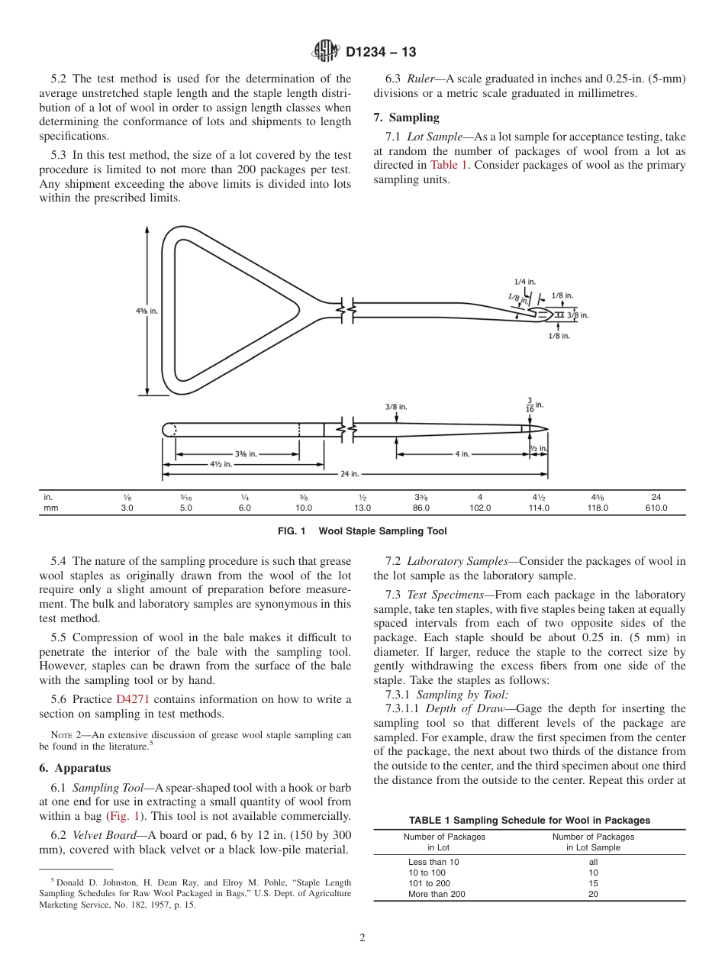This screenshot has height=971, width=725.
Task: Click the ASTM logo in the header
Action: pyautogui.click(x=327, y=53)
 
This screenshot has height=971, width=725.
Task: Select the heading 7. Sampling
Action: pyautogui.click(x=406, y=118)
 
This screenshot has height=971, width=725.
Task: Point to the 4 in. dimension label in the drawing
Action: pyautogui.click(x=462, y=453)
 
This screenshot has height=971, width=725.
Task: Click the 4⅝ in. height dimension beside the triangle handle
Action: pyautogui.click(x=147, y=311)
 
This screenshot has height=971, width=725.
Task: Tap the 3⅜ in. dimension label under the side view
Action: pyautogui.click(x=246, y=453)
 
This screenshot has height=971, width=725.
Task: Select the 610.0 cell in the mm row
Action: pyautogui.click(x=656, y=508)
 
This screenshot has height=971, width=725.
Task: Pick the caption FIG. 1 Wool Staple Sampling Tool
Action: pyautogui.click(x=362, y=531)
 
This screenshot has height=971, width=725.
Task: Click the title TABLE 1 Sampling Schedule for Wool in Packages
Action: pyautogui.click(x=529, y=821)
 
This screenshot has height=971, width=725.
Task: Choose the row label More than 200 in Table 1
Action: pyautogui.click(x=437, y=894)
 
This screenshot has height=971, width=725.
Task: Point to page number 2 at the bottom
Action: pyautogui.click(x=362, y=938)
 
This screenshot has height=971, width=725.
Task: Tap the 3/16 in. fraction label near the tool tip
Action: pyautogui.click(x=529, y=405)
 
